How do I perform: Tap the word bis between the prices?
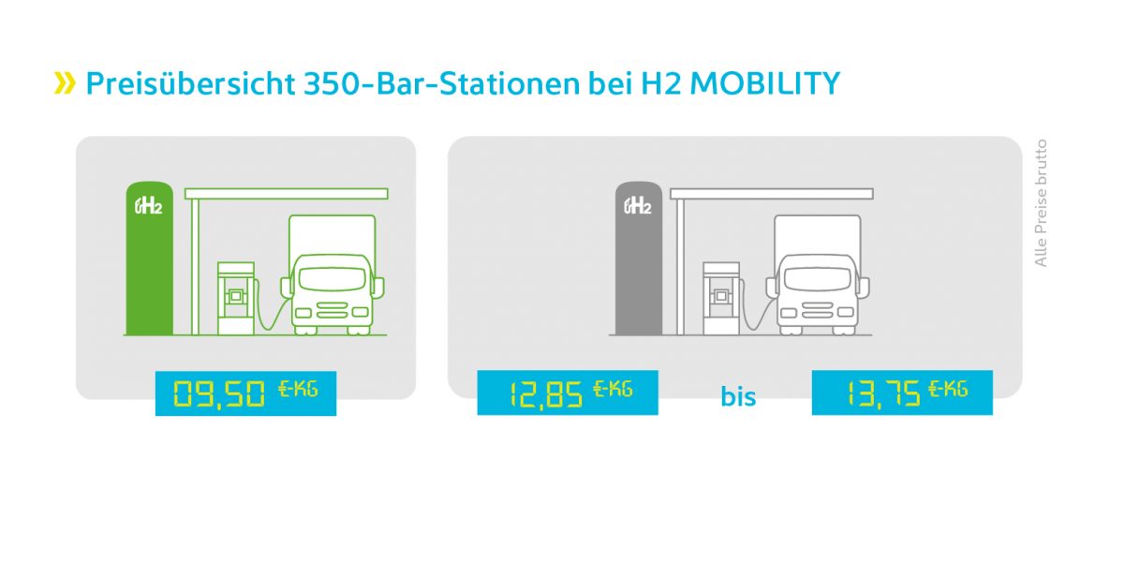[x=738, y=396]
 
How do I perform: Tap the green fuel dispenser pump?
[x=235, y=297]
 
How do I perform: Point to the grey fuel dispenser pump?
[x=721, y=297]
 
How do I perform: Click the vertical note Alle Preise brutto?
[x=1041, y=203]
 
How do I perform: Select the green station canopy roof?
[x=287, y=194]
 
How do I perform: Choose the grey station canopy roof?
[x=772, y=194]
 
